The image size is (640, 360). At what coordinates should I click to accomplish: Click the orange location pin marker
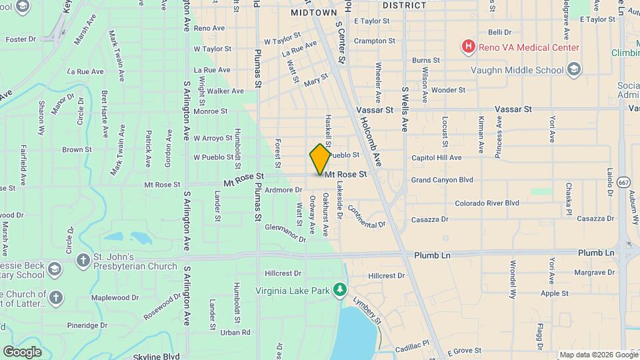click(320, 159)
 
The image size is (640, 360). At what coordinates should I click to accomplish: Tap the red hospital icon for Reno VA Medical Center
click(469, 47)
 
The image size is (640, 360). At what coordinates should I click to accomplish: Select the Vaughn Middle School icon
click(573, 69)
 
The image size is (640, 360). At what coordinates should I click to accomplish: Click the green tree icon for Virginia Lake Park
click(340, 289)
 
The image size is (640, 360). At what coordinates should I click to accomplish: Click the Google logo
click(23, 351)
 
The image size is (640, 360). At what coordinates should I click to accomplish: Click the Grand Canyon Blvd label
click(441, 180)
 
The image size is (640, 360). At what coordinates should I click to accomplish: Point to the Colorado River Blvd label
click(487, 203)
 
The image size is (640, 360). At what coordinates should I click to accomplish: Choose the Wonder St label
click(448, 90)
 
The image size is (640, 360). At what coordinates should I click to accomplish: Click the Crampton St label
click(375, 41)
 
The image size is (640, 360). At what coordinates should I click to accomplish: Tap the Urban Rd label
click(235, 332)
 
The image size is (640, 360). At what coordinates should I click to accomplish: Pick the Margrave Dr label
click(577, 273)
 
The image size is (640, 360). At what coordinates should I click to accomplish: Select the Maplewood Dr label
click(113, 297)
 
